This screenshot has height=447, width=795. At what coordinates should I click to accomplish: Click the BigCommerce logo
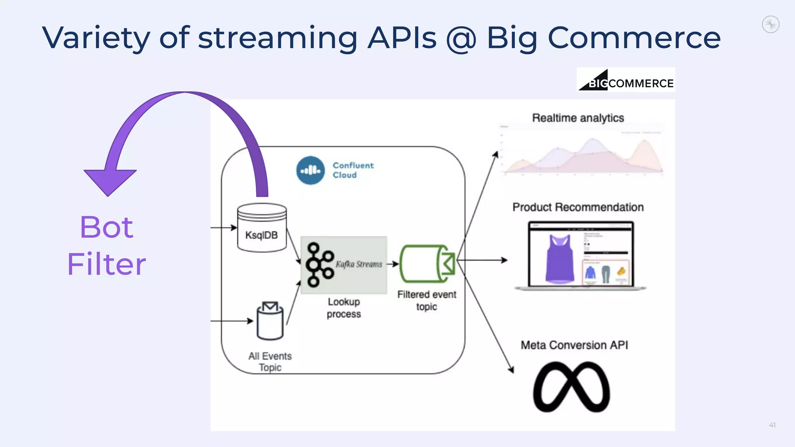click(626, 80)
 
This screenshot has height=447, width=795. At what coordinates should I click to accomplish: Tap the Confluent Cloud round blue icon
click(311, 170)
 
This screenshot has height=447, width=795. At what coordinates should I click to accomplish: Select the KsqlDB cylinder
click(262, 228)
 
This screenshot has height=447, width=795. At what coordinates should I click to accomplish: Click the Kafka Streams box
click(344, 265)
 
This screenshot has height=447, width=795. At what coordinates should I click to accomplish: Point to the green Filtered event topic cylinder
click(427, 264)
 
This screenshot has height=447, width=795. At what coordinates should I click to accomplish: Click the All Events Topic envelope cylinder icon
click(270, 321)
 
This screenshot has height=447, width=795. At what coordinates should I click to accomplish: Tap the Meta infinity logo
click(571, 387)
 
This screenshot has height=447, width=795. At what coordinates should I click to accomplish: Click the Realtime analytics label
click(578, 118)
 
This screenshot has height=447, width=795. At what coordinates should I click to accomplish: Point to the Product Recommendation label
click(578, 207)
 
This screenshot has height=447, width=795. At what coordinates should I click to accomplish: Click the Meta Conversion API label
click(574, 345)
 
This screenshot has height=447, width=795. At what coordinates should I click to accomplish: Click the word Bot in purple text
click(106, 227)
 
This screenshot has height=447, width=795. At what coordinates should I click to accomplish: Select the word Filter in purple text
click(106, 264)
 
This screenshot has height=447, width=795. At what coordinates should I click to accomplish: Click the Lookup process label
click(344, 308)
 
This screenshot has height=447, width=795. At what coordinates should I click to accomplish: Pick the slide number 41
click(772, 425)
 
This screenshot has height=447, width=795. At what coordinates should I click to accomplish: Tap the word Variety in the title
click(95, 38)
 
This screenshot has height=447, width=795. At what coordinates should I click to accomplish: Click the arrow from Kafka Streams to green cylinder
click(393, 264)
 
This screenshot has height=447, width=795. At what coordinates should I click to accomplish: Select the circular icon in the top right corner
click(771, 24)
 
